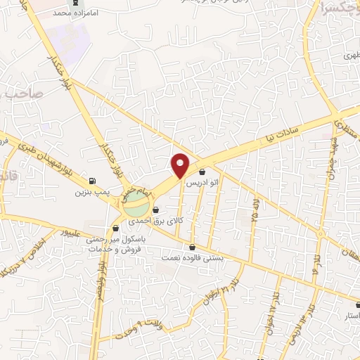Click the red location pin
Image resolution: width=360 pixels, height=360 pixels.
coord(181,165)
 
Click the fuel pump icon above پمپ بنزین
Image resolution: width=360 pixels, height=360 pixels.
coord(94,179)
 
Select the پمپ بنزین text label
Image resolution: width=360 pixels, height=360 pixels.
coord(90,191)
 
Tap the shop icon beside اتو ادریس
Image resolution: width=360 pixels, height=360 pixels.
coord(202,172)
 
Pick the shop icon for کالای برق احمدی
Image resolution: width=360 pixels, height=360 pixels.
coord(155,210)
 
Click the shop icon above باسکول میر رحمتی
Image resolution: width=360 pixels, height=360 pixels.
coord(116,228)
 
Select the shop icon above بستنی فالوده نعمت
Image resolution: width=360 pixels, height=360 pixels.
coord(193,247)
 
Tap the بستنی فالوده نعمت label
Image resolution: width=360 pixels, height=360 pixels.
coord(193,257)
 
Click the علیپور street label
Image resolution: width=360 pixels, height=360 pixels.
coord(74,231)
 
